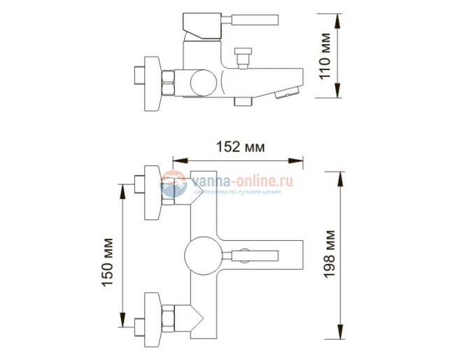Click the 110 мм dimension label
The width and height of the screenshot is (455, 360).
click(x=325, y=57)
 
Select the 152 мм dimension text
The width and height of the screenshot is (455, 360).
click(x=241, y=146)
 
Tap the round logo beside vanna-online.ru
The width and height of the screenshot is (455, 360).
click(x=174, y=184)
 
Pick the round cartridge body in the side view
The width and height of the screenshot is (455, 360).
click(x=200, y=82)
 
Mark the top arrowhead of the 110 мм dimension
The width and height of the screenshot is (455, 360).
click(x=339, y=18)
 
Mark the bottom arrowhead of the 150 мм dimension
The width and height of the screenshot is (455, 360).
click(x=123, y=321)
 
